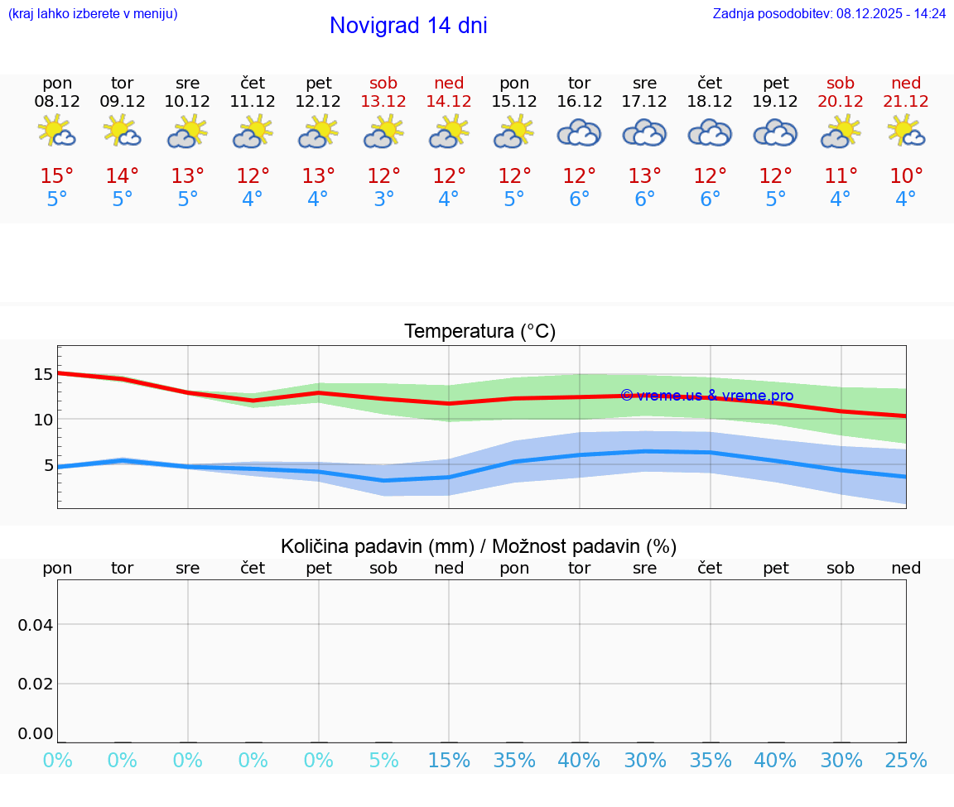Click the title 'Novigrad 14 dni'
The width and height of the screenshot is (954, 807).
tap(408, 26)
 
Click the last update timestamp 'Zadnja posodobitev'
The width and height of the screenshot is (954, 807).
tap(829, 13)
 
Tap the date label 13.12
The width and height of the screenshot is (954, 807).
tap(383, 101)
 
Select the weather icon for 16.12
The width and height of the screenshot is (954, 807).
tap(579, 132)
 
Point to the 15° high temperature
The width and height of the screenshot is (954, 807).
tap(57, 175)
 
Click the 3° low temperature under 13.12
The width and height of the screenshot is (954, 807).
tap(383, 199)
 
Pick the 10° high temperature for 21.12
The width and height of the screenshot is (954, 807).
tap(906, 175)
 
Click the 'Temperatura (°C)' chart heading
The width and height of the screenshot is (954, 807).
tap(479, 331)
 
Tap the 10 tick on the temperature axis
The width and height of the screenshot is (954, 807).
tap(43, 420)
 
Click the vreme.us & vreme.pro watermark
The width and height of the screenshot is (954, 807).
tap(706, 396)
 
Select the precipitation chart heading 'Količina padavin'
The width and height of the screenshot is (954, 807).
tap(479, 546)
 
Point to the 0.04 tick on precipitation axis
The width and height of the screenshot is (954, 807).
tap(36, 624)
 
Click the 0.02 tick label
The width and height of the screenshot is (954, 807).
tap(36, 683)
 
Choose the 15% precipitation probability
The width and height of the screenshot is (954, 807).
tap(449, 760)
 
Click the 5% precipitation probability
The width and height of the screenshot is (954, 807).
tap(383, 760)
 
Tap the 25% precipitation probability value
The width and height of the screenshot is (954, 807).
tap(906, 760)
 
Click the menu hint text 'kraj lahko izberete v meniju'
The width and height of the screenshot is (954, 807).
tap(92, 13)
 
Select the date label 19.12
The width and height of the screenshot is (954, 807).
tap(775, 101)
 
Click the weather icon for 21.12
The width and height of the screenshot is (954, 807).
tap(906, 132)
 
